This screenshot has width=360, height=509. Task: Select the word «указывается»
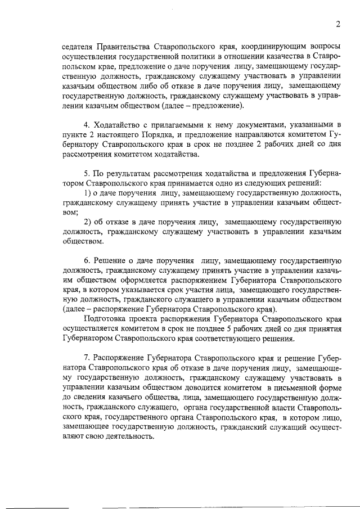(x=142, y=293)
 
